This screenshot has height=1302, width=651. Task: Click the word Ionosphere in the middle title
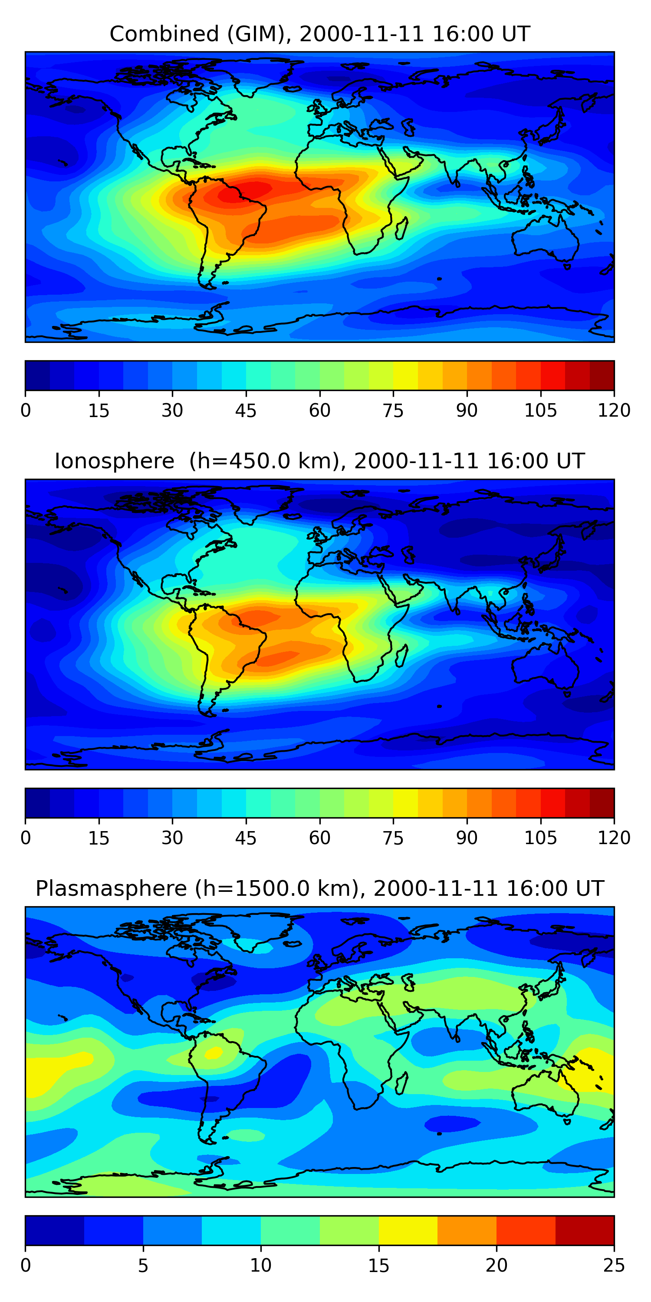coord(114,461)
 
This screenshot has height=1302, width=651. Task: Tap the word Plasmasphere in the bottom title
coord(111,888)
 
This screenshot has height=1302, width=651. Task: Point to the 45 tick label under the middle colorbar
coord(246,838)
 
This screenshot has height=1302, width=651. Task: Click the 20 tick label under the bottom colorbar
coord(496,1265)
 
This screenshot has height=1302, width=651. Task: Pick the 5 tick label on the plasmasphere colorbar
coord(143,1265)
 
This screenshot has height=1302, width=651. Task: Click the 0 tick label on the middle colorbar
coord(26,838)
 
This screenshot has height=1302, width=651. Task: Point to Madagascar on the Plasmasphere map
coord(402,1083)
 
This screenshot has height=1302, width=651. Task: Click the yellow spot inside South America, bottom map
coord(213,1053)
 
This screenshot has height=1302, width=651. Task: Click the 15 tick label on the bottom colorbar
coord(378,1265)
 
